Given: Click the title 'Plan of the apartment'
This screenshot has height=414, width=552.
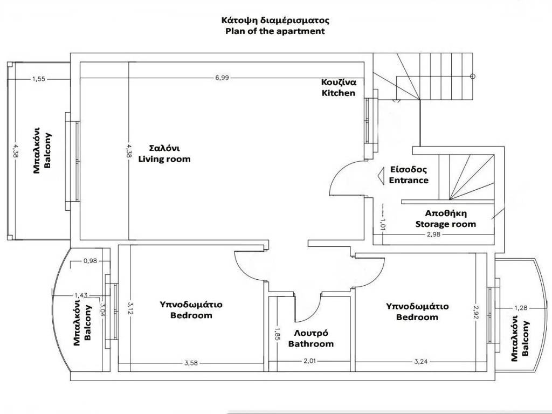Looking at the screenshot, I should [275, 31].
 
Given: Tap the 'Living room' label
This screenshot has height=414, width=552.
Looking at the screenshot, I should [164, 159].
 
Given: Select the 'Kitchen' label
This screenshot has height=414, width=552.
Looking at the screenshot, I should [339, 93].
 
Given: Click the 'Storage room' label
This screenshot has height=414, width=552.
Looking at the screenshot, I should [445, 224].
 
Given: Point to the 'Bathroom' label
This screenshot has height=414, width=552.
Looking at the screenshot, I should [311, 343].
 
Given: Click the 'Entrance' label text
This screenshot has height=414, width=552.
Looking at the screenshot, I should [409, 180].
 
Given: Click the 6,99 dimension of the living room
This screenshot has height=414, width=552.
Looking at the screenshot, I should [222, 78].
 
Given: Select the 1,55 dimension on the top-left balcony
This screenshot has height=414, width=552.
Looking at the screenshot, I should [39, 79].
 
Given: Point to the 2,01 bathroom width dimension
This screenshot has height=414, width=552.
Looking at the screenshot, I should [309, 361].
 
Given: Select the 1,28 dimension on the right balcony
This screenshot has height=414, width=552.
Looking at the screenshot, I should [520, 308].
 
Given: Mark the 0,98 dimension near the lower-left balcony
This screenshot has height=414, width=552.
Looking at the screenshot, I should [90, 261].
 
